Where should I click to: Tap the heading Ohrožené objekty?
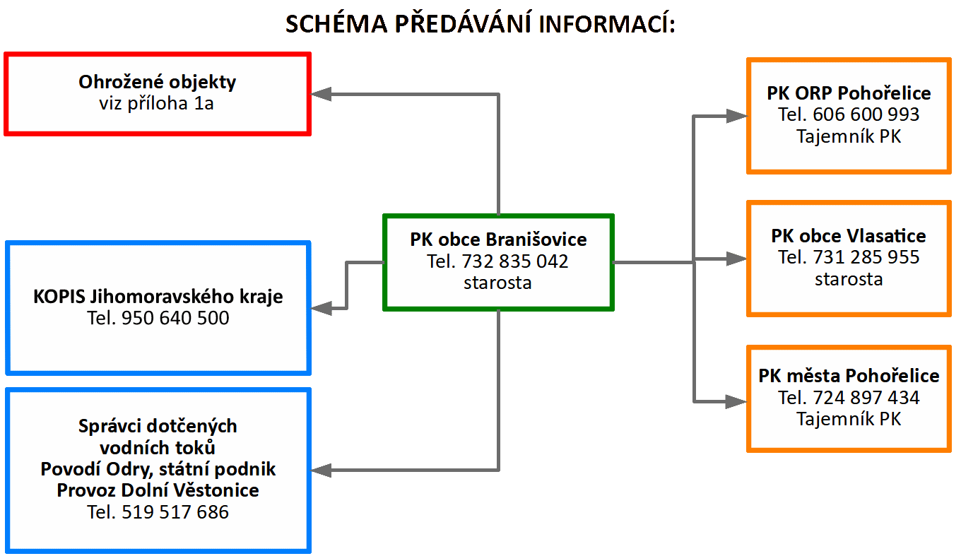[158, 82]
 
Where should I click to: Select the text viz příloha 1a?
[158, 104]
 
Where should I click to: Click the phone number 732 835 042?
[515, 261]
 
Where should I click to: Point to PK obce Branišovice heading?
[498, 239]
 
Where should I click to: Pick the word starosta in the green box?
[498, 283]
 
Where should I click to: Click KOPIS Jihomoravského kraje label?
[158, 296]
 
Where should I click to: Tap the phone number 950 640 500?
[175, 318]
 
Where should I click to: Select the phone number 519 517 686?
[175, 511]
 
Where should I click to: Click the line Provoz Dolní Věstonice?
[158, 490]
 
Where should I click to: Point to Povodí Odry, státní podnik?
[158, 469]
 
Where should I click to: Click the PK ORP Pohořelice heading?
[849, 93]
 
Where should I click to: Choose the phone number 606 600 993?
[866, 114]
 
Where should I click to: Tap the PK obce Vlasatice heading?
[849, 235]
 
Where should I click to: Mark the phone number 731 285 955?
[866, 257]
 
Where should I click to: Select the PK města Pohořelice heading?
[849, 376]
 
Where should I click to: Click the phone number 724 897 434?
[866, 398]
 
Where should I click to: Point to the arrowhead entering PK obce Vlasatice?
[736, 259]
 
